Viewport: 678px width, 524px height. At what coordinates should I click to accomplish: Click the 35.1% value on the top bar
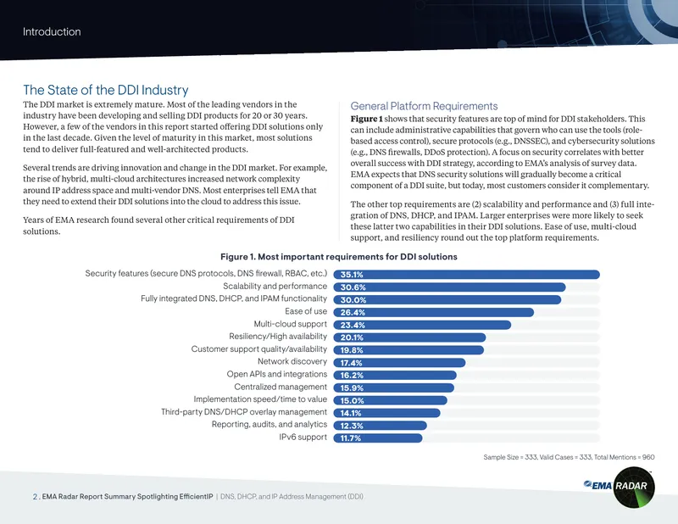[352, 275]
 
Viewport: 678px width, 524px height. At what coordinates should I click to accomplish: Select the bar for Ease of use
[434, 312]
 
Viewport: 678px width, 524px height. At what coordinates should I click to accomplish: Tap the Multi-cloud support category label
[290, 324]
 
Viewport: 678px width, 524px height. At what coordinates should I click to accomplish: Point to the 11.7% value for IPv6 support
[350, 438]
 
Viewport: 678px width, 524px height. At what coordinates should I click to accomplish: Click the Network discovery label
[292, 361]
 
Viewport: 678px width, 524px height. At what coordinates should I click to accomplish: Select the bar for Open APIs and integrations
[395, 375]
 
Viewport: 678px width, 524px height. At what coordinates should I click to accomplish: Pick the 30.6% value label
[353, 287]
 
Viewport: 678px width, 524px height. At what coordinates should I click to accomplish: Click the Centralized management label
[281, 387]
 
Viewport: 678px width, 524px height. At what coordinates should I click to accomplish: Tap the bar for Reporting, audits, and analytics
[380, 426]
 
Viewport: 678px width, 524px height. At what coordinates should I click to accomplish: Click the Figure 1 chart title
[338, 257]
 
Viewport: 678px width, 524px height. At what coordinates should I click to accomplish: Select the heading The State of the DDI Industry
[105, 90]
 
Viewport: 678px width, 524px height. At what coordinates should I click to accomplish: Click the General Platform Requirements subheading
[424, 106]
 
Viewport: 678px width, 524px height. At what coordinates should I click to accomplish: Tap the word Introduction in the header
[52, 31]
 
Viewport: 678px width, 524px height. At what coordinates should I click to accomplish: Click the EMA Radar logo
[620, 487]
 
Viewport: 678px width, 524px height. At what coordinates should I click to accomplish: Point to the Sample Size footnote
[569, 457]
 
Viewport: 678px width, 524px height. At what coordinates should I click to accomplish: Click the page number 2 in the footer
[35, 497]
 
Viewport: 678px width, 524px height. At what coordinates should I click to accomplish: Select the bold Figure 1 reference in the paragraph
[366, 119]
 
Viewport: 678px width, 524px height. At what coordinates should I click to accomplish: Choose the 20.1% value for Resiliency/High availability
[352, 337]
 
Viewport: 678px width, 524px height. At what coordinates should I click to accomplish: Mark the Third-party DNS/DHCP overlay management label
[244, 412]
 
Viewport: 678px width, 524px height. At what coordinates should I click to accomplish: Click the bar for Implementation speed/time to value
[390, 401]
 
